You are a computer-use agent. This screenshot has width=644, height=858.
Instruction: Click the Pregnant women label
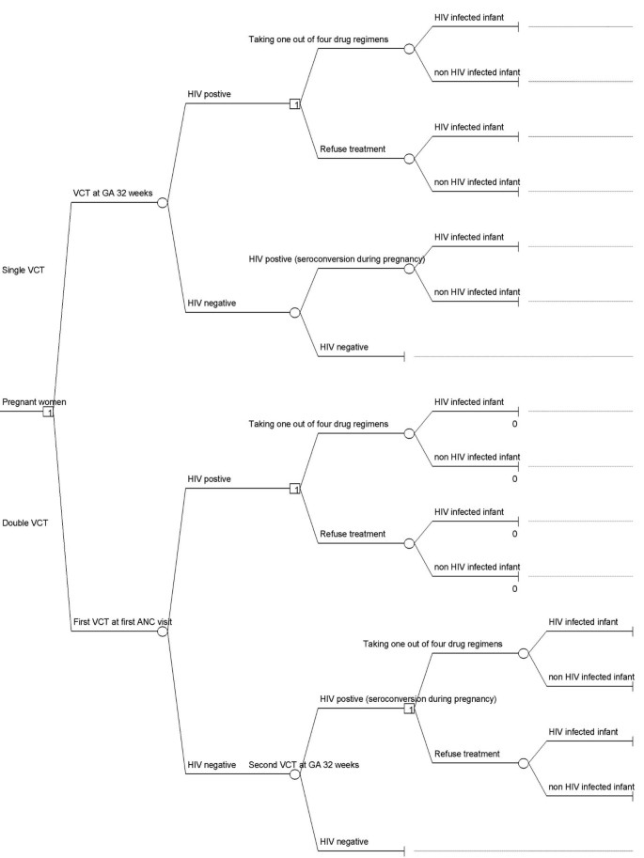(34, 402)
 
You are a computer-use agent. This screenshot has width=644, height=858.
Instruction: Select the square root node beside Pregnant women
(48, 412)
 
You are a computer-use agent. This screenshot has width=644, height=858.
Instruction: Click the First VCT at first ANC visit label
(122, 622)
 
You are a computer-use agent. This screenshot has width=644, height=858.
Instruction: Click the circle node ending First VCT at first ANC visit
(162, 632)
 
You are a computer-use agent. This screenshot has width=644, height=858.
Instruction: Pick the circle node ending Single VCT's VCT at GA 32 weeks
(162, 202)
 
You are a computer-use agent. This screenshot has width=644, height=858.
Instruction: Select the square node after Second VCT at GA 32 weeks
(409, 708)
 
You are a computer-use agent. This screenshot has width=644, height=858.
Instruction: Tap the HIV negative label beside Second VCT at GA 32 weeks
(212, 765)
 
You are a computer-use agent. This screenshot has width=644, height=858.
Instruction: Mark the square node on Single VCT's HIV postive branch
(294, 103)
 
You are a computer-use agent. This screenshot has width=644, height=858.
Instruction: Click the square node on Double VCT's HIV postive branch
(294, 489)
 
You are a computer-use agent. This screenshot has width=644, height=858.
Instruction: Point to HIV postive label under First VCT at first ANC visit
(210, 478)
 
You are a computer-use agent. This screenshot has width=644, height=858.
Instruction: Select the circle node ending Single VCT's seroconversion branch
(409, 268)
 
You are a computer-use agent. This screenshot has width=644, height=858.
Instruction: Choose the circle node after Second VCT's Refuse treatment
(524, 763)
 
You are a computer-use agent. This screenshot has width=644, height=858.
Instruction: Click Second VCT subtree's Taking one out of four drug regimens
(432, 643)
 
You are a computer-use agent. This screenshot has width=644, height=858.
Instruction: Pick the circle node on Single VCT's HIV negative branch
(294, 312)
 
